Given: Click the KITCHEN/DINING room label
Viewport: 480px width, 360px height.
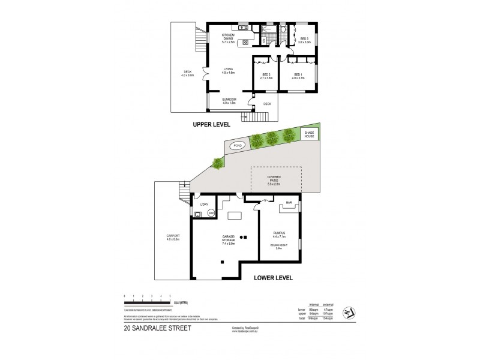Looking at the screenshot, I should (229, 38).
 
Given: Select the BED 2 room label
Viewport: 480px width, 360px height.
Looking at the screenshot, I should (266, 76).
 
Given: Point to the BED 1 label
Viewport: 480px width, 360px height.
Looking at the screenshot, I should (298, 76).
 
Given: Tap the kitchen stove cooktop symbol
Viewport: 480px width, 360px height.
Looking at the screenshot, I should (244, 43).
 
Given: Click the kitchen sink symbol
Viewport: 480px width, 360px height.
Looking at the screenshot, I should (243, 27).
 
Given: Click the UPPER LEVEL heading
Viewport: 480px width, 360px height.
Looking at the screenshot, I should (214, 125).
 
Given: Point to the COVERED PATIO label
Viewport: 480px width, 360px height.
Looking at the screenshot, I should (277, 178).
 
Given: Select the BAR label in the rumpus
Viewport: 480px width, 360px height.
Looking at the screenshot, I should (289, 203).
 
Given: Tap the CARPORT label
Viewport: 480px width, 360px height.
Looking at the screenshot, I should (172, 238).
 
